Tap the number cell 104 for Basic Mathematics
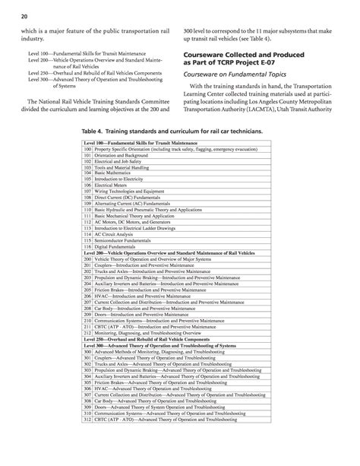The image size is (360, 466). [x=87, y=173]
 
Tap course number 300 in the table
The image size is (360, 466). [x=87, y=353]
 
